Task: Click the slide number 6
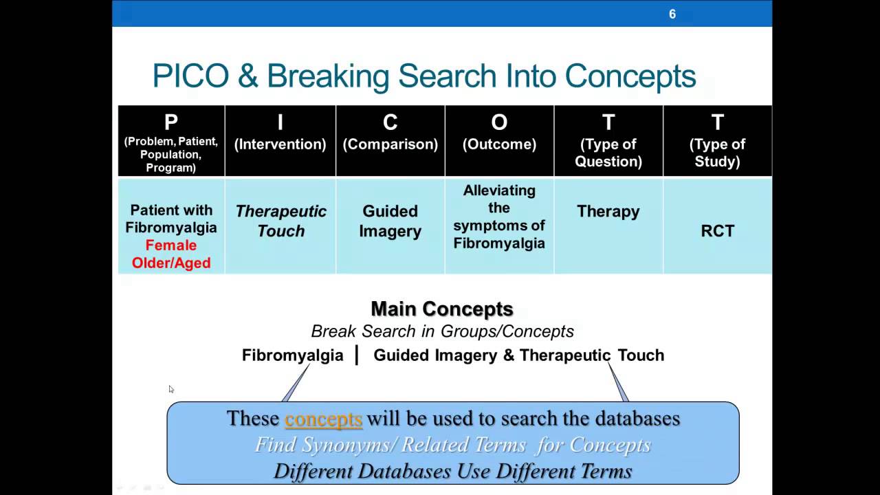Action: point(672,14)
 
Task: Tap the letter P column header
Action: point(171,122)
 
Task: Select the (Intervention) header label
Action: point(280,144)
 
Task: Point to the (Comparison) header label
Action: point(390,144)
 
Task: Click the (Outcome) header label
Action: point(499,144)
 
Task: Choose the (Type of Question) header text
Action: point(608,153)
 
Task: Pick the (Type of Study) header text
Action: point(717,153)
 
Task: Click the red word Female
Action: point(171,245)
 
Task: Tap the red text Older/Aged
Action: point(171,263)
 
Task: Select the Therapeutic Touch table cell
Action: point(280,221)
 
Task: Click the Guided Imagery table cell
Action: point(390,221)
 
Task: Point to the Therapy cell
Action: point(608,211)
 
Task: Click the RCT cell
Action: point(717,231)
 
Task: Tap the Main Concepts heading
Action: point(442,309)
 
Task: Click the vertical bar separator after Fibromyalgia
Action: point(357,355)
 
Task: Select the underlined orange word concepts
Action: point(323,419)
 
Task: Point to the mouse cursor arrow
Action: point(170,388)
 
